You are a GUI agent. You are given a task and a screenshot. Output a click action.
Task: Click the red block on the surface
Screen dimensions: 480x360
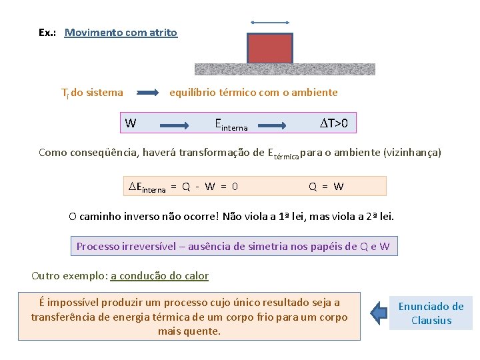(270, 48)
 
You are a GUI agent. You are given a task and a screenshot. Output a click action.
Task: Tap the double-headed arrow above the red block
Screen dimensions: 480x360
(270, 23)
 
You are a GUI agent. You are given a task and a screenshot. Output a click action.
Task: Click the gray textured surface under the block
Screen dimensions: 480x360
(285, 69)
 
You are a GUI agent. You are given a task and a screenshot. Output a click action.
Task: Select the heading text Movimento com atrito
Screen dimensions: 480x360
(121, 32)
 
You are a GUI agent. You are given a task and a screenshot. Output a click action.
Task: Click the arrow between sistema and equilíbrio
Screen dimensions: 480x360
(147, 93)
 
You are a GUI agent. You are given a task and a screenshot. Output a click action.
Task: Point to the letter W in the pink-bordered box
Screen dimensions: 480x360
(131, 123)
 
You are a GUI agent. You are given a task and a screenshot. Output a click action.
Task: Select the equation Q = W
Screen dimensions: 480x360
(326, 187)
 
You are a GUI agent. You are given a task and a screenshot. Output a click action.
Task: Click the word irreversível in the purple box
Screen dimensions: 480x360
(149, 246)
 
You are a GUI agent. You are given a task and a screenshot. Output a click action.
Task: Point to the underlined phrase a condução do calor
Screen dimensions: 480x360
(159, 275)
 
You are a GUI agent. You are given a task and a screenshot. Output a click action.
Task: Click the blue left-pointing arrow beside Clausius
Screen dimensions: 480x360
(379, 312)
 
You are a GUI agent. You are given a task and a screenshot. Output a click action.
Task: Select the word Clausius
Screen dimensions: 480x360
(431, 320)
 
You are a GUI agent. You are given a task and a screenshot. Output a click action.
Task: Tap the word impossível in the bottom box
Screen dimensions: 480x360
(78, 302)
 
